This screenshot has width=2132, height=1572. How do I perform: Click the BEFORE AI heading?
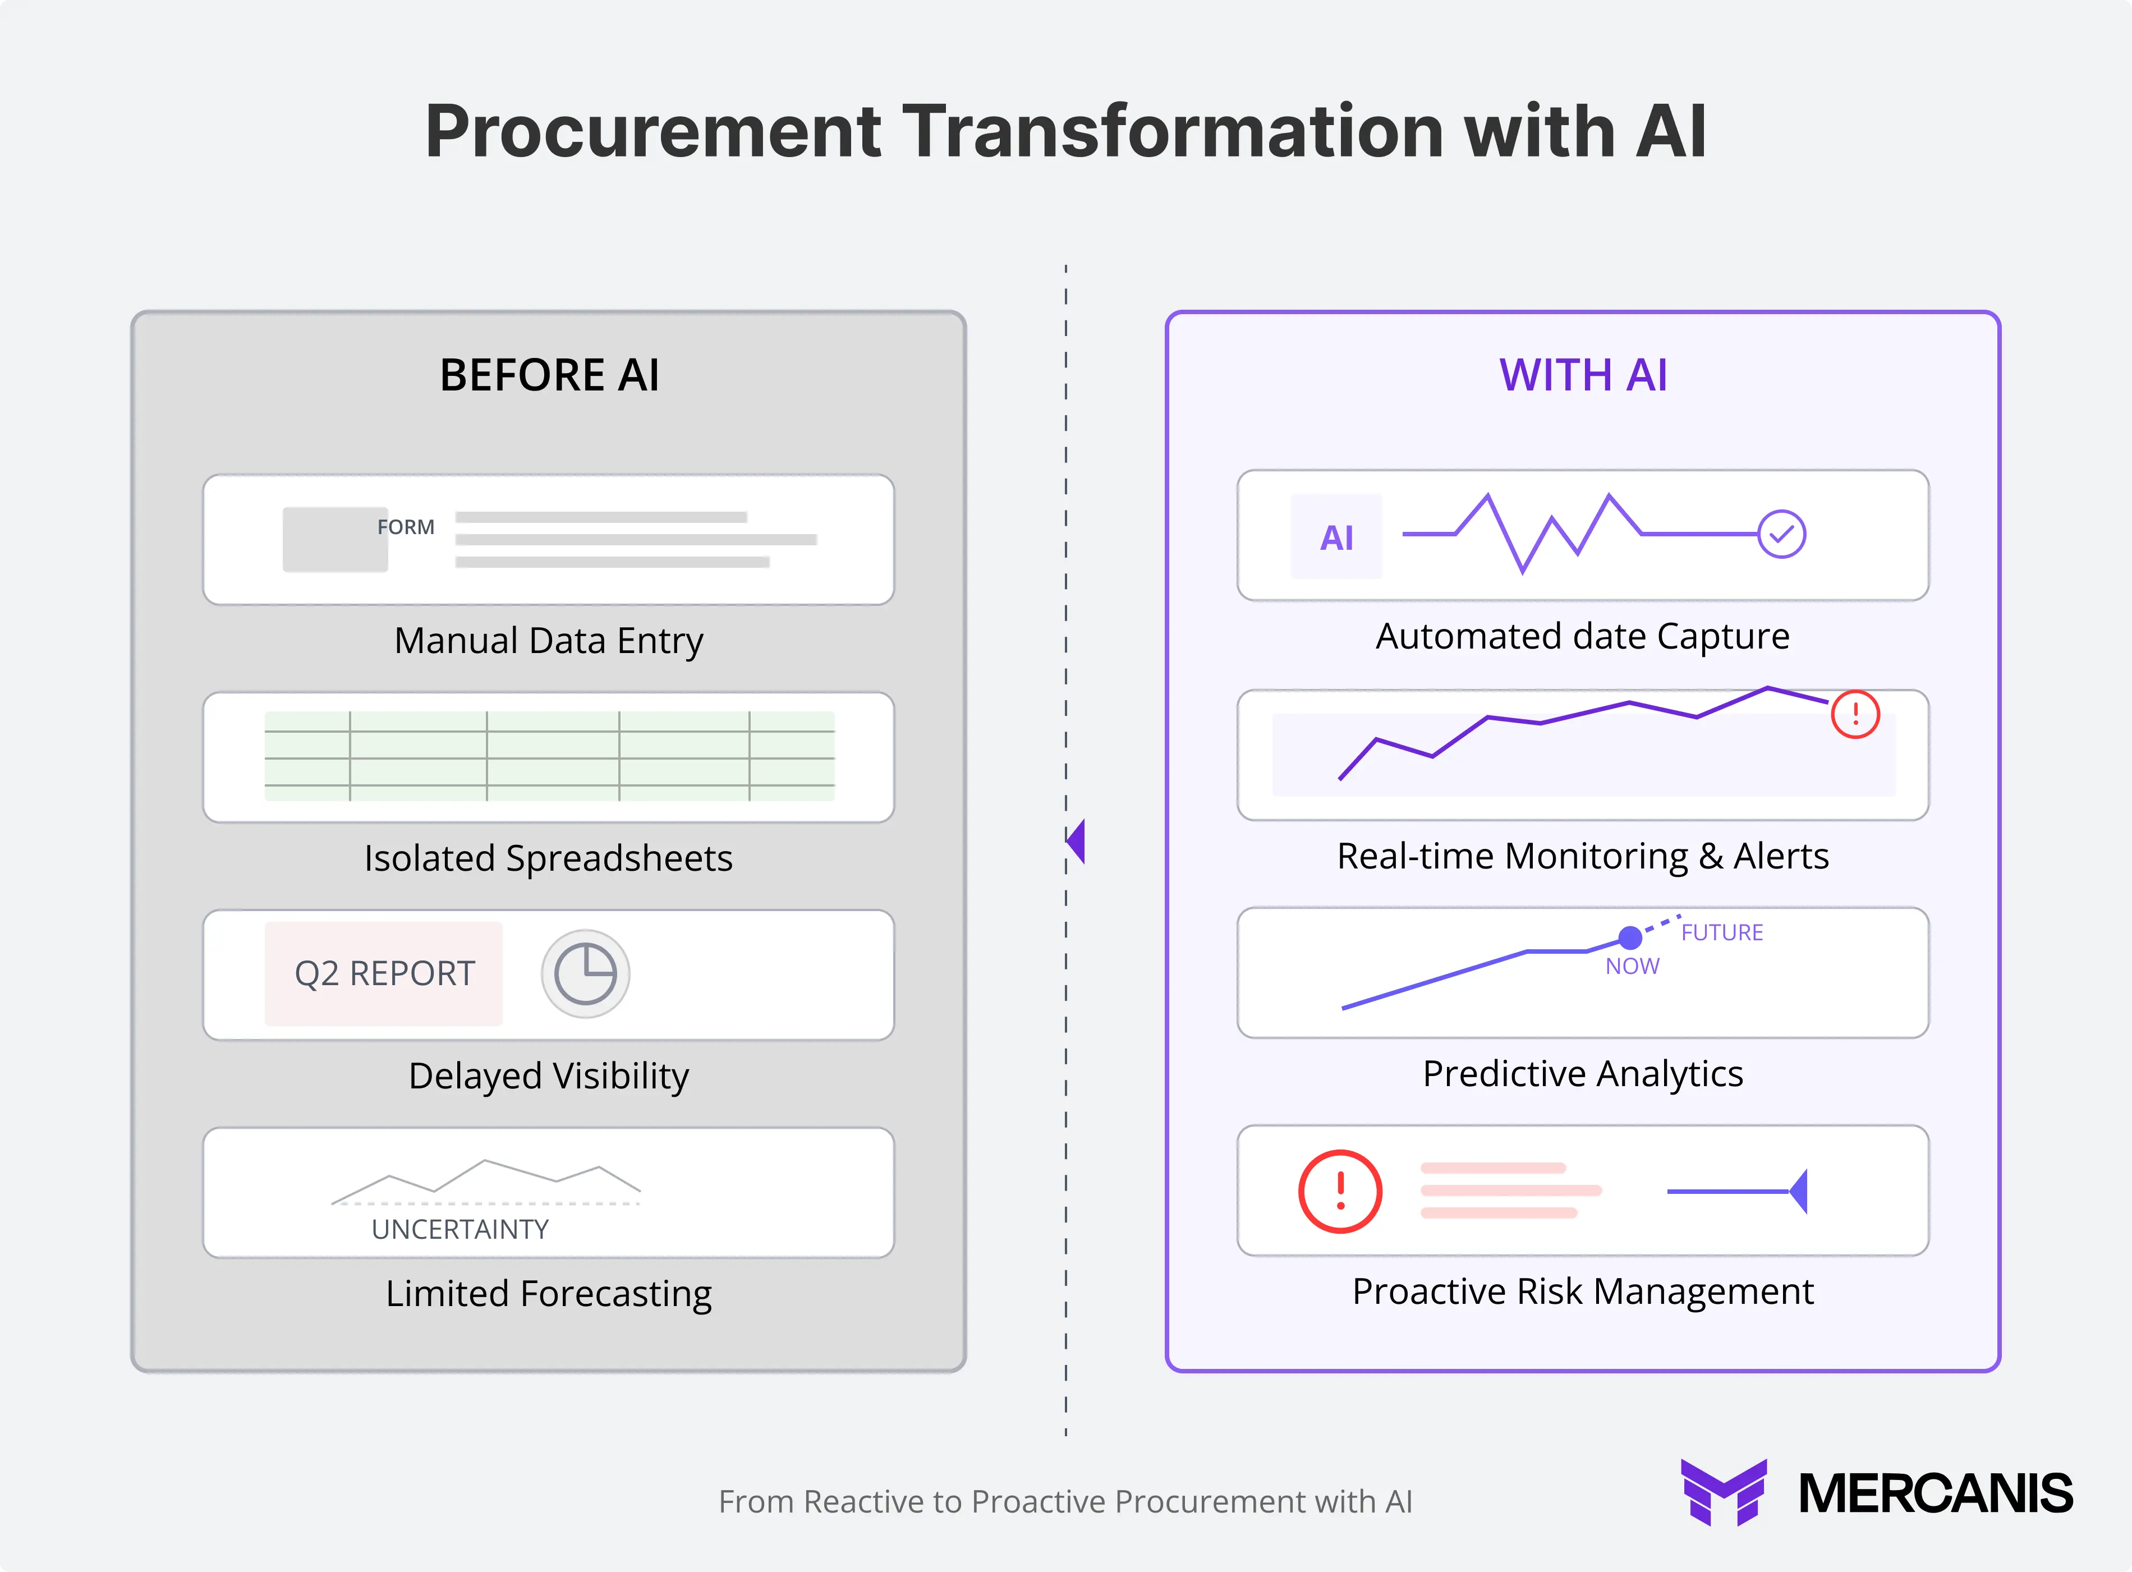[x=549, y=375]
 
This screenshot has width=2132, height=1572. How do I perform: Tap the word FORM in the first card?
[x=405, y=527]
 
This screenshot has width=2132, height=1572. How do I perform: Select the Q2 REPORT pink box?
[x=383, y=973]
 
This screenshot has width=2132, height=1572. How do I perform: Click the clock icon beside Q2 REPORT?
[x=585, y=973]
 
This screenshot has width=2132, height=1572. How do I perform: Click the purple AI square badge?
[x=1336, y=537]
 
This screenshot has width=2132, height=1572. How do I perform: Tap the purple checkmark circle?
[x=1781, y=534]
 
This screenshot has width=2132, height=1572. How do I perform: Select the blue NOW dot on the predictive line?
[x=1630, y=938]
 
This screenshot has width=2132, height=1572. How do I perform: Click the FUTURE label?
[x=1722, y=932]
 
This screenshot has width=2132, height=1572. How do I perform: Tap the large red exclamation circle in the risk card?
[x=1340, y=1192]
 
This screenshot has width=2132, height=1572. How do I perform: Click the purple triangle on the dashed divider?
[x=1076, y=841]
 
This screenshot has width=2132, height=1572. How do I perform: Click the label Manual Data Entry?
[x=549, y=640]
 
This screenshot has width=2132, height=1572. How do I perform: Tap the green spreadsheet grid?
[x=549, y=756]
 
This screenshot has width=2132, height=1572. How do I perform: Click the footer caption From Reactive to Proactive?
[x=1064, y=1501]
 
